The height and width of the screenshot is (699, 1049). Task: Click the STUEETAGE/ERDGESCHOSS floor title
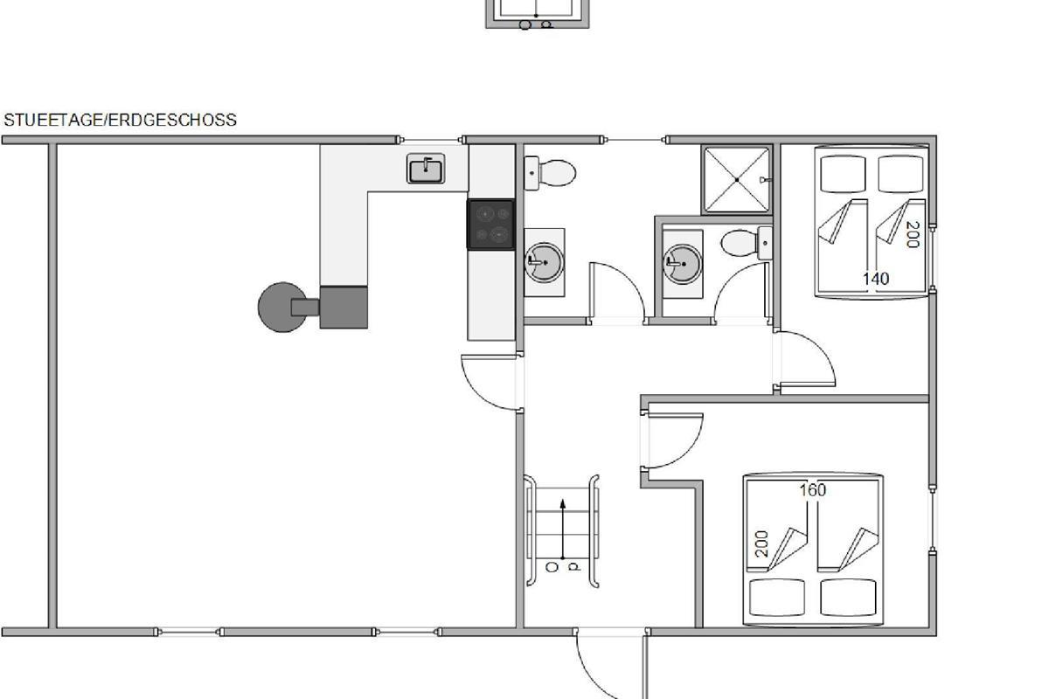point(121,121)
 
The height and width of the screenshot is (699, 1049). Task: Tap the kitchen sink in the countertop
point(426,169)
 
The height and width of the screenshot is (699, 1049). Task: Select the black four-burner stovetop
point(490,225)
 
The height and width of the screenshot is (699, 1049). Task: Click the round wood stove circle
point(282,308)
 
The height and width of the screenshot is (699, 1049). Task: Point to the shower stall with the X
point(737,180)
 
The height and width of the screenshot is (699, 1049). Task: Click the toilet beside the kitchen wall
point(550,173)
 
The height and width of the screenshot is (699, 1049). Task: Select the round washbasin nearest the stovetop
point(544,263)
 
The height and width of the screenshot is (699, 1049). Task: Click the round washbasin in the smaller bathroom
point(683,264)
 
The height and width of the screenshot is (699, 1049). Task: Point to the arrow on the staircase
point(562,529)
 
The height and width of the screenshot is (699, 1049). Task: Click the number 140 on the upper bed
point(876,279)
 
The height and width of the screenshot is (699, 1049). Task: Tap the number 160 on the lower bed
point(812,490)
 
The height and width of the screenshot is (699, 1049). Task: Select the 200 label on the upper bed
point(914,234)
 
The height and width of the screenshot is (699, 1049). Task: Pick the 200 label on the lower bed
point(762,544)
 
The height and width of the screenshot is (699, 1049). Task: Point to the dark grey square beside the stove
point(344,308)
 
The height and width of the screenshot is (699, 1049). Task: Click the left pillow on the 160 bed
point(777,598)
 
